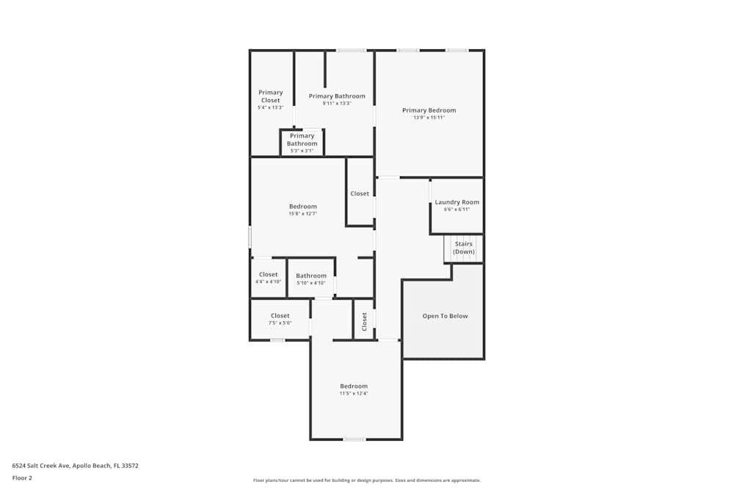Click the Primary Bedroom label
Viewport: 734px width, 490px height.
[429, 110]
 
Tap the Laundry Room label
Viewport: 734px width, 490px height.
[457, 202]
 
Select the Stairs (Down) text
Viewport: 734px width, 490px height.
[463, 248]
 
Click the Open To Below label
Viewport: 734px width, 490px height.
[445, 316]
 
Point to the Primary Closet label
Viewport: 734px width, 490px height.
[270, 96]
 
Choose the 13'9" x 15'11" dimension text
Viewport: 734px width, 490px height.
[429, 118]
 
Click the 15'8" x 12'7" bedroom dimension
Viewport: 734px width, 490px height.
[302, 214]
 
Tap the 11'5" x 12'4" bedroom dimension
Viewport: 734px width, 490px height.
[353, 393]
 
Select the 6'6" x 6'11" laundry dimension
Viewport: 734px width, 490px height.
[457, 209]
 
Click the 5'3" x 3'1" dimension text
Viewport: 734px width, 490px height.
[302, 151]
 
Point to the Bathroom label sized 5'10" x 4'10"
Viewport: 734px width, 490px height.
[311, 275]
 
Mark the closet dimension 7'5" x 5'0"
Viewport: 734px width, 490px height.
[280, 323]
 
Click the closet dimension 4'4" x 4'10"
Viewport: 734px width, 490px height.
[268, 281]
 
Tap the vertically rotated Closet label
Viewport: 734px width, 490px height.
[364, 321]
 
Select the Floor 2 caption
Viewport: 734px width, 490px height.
[22, 478]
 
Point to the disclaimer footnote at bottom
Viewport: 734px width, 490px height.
[367, 480]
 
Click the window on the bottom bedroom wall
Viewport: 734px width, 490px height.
[355, 439]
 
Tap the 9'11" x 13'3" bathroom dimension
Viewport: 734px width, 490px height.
[337, 103]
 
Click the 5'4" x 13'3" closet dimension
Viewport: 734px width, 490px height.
[270, 107]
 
